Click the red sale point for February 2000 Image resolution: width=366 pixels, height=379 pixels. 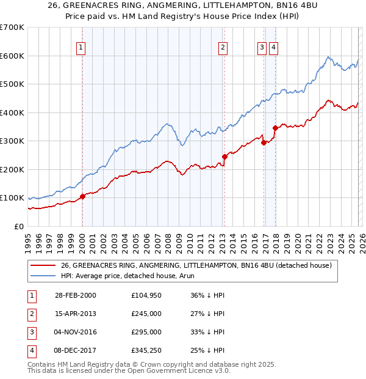point(83,196)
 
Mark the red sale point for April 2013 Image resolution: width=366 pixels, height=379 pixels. point(224,156)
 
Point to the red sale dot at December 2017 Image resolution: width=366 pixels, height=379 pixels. point(275,128)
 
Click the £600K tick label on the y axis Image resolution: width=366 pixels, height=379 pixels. point(12,56)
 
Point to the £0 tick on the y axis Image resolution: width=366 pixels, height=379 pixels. point(18,226)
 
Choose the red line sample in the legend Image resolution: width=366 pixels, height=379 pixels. point(43,266)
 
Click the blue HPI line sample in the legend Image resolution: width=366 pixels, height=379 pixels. point(43,276)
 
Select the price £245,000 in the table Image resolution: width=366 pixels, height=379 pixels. point(146,314)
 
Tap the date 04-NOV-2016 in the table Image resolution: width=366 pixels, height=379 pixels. point(76,332)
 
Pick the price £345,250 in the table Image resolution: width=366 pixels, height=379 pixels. point(146,350)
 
